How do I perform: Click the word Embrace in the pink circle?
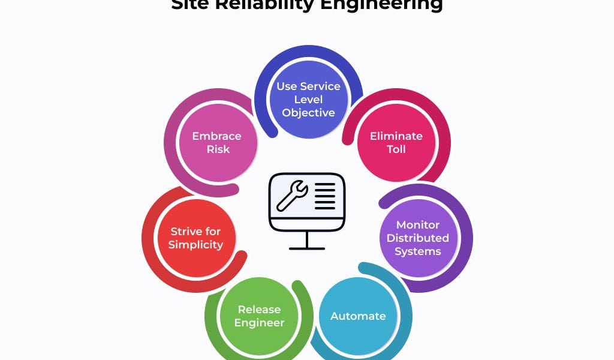pos(216,136)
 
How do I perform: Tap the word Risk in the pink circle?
pos(218,149)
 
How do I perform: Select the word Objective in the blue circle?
pos(308,113)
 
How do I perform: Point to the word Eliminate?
pos(396,136)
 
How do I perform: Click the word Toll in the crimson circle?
pos(396,149)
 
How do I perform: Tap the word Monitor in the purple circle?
pos(418,225)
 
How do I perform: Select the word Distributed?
pos(418,238)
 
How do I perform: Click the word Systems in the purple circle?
pos(418,251)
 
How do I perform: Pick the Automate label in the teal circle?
pos(358,316)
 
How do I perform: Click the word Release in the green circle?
pos(259,310)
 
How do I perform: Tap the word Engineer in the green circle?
pos(259,323)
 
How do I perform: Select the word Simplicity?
pos(195,245)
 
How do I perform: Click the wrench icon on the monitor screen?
pos(292,197)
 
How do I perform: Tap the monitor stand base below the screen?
pos(307,247)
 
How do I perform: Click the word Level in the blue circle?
pos(308,100)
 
